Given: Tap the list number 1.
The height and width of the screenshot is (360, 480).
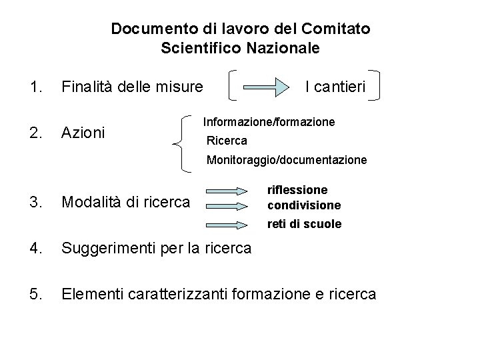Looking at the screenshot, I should [35, 85].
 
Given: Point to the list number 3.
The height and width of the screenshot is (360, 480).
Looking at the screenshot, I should [35, 201].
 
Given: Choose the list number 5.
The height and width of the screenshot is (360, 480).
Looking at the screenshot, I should [35, 293].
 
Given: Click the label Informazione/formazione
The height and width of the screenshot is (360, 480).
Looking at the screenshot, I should [269, 123].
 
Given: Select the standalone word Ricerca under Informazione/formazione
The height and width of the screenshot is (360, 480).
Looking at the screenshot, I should [227, 141].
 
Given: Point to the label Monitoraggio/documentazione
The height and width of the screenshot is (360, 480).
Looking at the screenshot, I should [286, 160].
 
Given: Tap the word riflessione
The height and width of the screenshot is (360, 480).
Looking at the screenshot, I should [297, 190].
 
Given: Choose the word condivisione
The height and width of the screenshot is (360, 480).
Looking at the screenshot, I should [304, 205].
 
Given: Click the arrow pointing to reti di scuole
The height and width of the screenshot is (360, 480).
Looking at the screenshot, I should [230, 225].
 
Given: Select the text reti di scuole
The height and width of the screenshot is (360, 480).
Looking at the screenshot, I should [304, 224].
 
